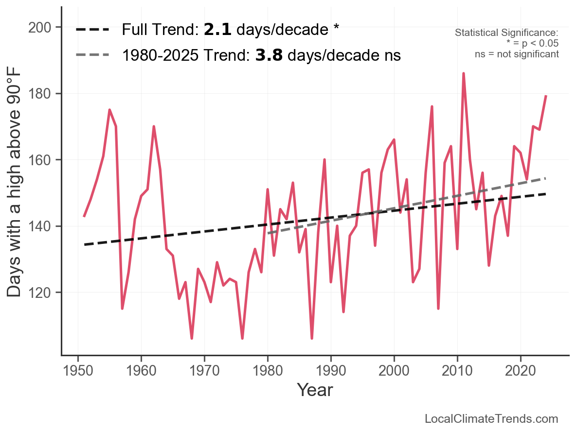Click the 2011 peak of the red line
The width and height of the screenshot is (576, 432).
click(x=464, y=73)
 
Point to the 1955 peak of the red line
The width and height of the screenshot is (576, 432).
click(x=109, y=110)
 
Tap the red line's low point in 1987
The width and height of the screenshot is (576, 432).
click(x=312, y=338)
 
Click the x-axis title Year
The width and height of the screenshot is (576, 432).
click(x=315, y=390)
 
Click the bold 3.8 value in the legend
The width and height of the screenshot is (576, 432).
click(x=269, y=56)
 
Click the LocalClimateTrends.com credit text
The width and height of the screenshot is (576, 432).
click(x=491, y=419)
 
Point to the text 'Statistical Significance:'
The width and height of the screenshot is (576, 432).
click(x=506, y=33)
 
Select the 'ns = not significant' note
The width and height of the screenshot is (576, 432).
click(x=517, y=54)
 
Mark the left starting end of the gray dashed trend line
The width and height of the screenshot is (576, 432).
click(x=268, y=233)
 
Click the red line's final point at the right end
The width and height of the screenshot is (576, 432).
click(x=546, y=96)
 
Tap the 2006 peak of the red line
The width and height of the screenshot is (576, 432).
click(x=432, y=106)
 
